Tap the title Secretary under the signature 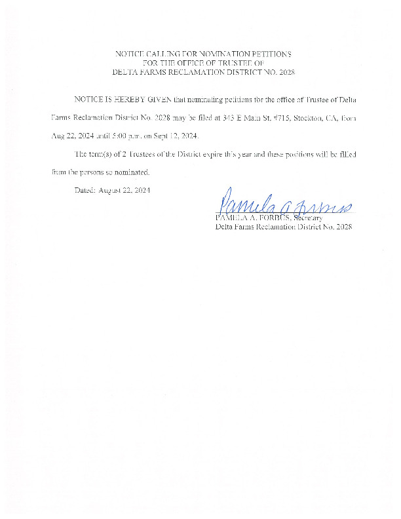click(309, 218)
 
